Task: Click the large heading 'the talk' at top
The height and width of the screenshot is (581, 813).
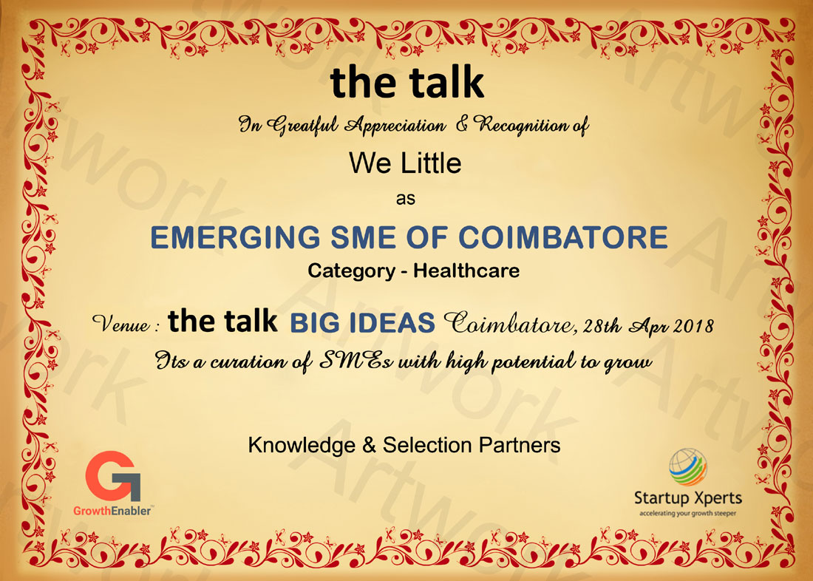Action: [x=407, y=83]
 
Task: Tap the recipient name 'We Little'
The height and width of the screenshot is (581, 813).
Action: [x=405, y=163]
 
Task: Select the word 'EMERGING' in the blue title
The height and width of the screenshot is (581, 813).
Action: [x=235, y=237]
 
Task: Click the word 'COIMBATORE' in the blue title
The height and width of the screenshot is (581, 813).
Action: [x=563, y=237]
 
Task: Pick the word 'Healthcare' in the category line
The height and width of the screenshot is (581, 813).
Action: [x=466, y=271]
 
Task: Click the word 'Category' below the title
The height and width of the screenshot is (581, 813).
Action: [x=351, y=271]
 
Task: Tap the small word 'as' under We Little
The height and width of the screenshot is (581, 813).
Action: [x=406, y=199]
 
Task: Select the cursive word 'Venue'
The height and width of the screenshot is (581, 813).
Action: [x=121, y=325]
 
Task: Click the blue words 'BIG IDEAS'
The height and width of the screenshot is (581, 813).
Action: [x=362, y=322]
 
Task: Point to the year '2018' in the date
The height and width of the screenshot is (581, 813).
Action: [x=693, y=326]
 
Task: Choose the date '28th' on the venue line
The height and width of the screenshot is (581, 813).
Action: [x=602, y=326]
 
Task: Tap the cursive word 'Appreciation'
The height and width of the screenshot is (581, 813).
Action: [x=395, y=126]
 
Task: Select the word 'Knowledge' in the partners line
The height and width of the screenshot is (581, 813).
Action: [x=302, y=446]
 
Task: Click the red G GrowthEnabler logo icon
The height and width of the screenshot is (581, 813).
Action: [x=112, y=476]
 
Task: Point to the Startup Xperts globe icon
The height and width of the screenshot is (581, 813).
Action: [x=687, y=467]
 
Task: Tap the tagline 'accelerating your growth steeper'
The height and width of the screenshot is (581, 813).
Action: [x=687, y=514]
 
